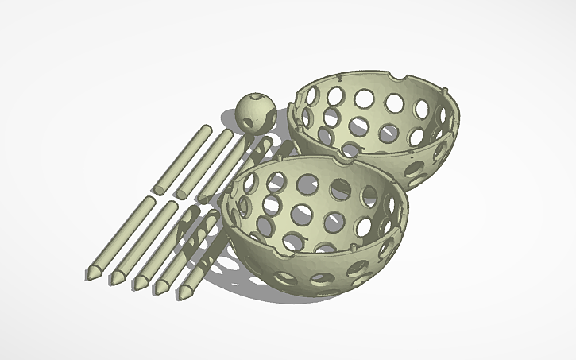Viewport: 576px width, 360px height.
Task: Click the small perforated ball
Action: (x=256, y=112)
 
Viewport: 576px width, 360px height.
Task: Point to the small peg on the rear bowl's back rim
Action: (x=339, y=79)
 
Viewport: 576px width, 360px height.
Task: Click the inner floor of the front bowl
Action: (x=318, y=230)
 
